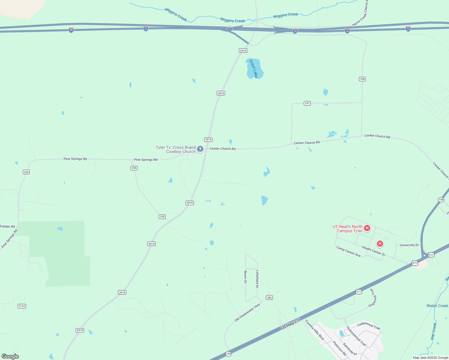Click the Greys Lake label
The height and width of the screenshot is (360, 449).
tap(254, 69)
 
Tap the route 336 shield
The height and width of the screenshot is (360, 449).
tap(362, 79)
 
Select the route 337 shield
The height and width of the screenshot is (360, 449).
tap(307, 103)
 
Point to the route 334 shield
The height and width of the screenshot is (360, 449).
tap(26, 172)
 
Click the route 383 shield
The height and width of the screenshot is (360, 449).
tap(269, 298)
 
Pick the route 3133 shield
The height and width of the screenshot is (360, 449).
tap(22, 306)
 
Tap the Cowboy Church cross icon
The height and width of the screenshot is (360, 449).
tap(200, 149)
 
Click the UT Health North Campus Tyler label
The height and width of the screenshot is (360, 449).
tap(348, 229)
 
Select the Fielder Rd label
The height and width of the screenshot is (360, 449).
tap(8, 226)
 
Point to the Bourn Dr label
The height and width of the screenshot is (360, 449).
tap(246, 277)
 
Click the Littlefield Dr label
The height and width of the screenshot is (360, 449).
tap(257, 279)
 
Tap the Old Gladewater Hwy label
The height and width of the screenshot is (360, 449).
tap(247, 313)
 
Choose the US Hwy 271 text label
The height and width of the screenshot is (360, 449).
tap(291, 324)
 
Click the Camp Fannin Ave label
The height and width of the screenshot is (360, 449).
tap(348, 251)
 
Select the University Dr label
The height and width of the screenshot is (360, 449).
tap(409, 245)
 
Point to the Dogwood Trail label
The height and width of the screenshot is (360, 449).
tap(372, 298)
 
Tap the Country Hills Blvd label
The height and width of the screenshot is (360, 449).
tap(315, 330)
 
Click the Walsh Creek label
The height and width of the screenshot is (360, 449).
tap(437, 306)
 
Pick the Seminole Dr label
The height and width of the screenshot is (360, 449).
tap(350, 349)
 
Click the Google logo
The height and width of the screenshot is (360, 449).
tap(10, 356)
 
